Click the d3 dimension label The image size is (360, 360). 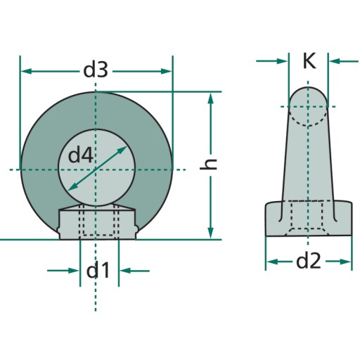pyautogui.click(x=96, y=70)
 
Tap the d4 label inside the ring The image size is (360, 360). pyautogui.click(x=80, y=155)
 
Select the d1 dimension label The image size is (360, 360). pyautogui.click(x=98, y=270)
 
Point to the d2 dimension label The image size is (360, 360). pyautogui.click(x=308, y=262)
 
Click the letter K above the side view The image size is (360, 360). pyautogui.click(x=309, y=60)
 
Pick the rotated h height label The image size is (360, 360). pyautogui.click(x=208, y=164)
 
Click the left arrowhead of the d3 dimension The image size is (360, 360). pyautogui.click(x=26, y=71)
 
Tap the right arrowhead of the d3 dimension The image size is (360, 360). pyautogui.click(x=166, y=71)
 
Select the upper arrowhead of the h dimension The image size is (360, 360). pyautogui.click(x=211, y=98)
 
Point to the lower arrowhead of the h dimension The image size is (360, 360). pyautogui.click(x=211, y=233)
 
